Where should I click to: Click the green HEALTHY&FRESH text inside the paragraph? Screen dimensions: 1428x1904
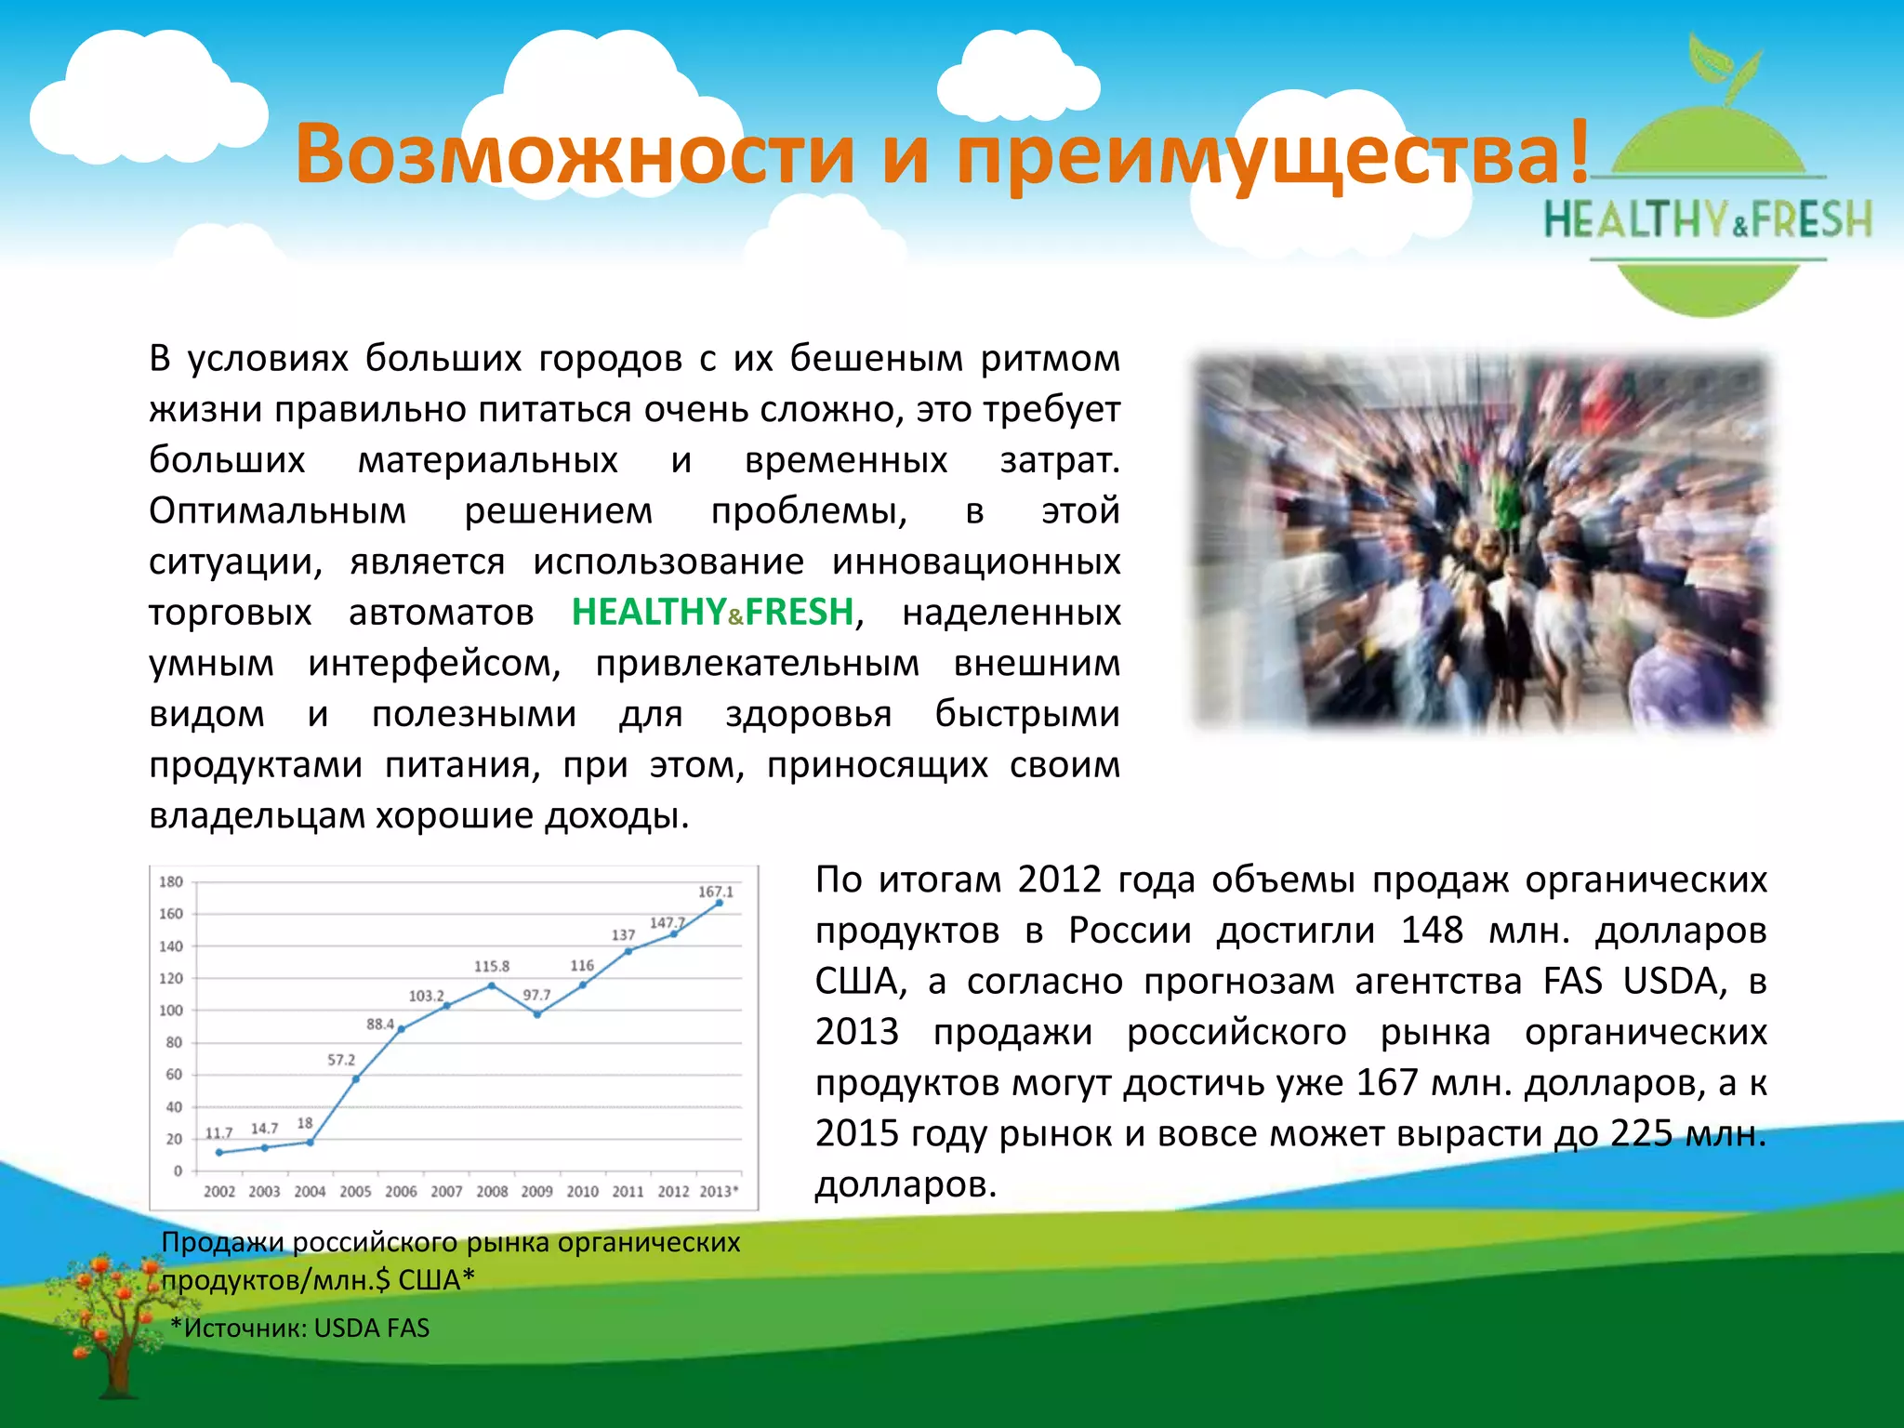tap(712, 612)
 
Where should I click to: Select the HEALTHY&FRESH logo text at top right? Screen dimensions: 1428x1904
tap(1708, 221)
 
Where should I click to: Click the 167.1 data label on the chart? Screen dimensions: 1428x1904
tap(715, 892)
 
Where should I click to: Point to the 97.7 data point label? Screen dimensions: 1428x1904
tap(536, 995)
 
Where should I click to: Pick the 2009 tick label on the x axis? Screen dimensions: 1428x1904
tap(536, 1192)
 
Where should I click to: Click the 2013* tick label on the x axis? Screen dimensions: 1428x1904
tap(719, 1192)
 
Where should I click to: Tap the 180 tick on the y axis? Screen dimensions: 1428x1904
tap(171, 881)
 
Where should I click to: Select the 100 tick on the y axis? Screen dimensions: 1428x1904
tap(171, 1011)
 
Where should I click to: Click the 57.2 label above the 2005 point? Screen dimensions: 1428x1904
tap(341, 1060)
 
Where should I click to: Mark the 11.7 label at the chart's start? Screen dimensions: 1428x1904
tap(218, 1133)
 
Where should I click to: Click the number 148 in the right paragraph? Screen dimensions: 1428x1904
tap(1432, 931)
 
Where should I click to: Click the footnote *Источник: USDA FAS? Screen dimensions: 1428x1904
tap(300, 1328)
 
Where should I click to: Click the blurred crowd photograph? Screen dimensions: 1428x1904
tap(1483, 541)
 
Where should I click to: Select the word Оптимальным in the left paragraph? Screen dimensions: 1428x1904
tap(277, 510)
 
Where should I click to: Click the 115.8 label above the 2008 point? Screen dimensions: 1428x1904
tap(491, 966)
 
